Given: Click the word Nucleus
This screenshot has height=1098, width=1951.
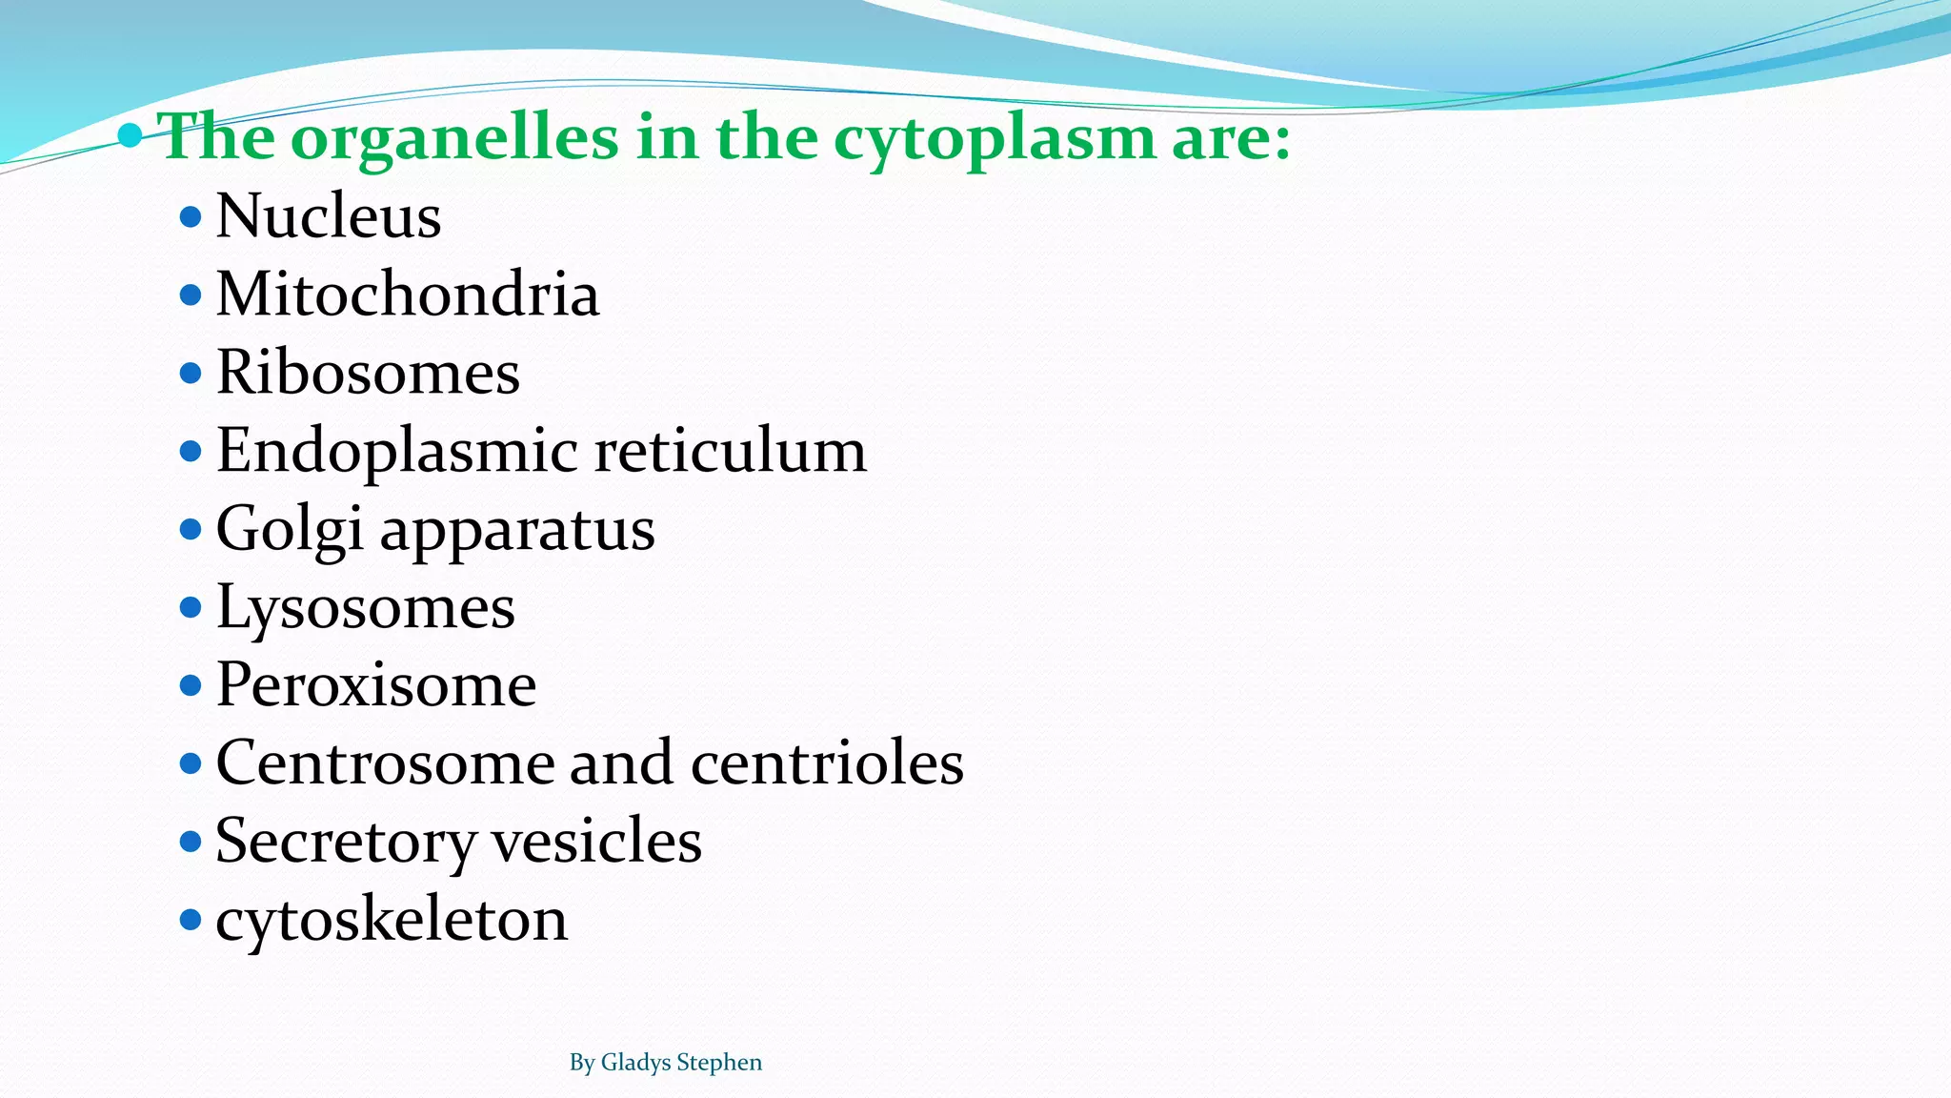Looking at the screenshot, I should click(x=329, y=216).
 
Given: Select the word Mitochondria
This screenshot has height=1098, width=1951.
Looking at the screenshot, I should click(x=408, y=295).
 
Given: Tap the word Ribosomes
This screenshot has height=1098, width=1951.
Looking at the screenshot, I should click(x=368, y=373).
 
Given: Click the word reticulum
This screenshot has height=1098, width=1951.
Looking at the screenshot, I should click(x=731, y=451).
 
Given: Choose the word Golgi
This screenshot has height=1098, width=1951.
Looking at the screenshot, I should click(x=290, y=530).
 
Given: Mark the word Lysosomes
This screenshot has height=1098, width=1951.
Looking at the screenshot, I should click(x=365, y=608).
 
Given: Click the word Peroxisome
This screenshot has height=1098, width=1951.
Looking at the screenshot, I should click(x=376, y=685).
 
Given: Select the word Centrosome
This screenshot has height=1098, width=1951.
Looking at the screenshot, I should click(x=384, y=763).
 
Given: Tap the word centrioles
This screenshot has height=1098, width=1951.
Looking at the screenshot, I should click(x=827, y=763).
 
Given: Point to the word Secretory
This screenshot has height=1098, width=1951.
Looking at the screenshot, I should click(x=346, y=843).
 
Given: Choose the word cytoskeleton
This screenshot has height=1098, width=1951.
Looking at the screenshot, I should click(x=392, y=921).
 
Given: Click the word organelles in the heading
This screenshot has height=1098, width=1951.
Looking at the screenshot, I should click(x=454, y=138).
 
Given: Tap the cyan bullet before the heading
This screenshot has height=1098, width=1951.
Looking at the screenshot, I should click(x=131, y=136).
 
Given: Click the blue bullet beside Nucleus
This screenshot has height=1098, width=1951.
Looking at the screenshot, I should click(x=191, y=216).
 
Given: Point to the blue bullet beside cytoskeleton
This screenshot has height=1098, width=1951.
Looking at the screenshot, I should click(x=191, y=920).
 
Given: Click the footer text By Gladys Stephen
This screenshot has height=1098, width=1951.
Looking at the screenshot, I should click(x=665, y=1063).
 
